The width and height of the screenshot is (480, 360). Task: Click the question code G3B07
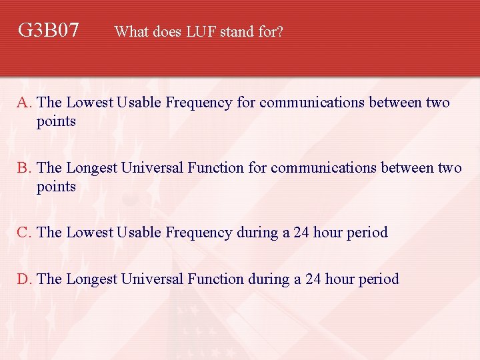(x=49, y=30)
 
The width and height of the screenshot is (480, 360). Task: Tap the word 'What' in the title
(x=131, y=31)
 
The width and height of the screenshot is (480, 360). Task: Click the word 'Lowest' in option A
(x=90, y=103)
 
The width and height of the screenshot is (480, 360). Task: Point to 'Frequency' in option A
(x=197, y=103)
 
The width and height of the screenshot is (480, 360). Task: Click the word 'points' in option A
(x=56, y=122)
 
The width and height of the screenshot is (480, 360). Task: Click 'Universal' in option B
(x=152, y=168)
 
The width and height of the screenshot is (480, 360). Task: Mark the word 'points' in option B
(x=56, y=187)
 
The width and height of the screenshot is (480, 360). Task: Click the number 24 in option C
(x=301, y=233)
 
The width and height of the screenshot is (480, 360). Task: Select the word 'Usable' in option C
(x=139, y=233)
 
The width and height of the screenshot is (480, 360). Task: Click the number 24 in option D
(x=313, y=279)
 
